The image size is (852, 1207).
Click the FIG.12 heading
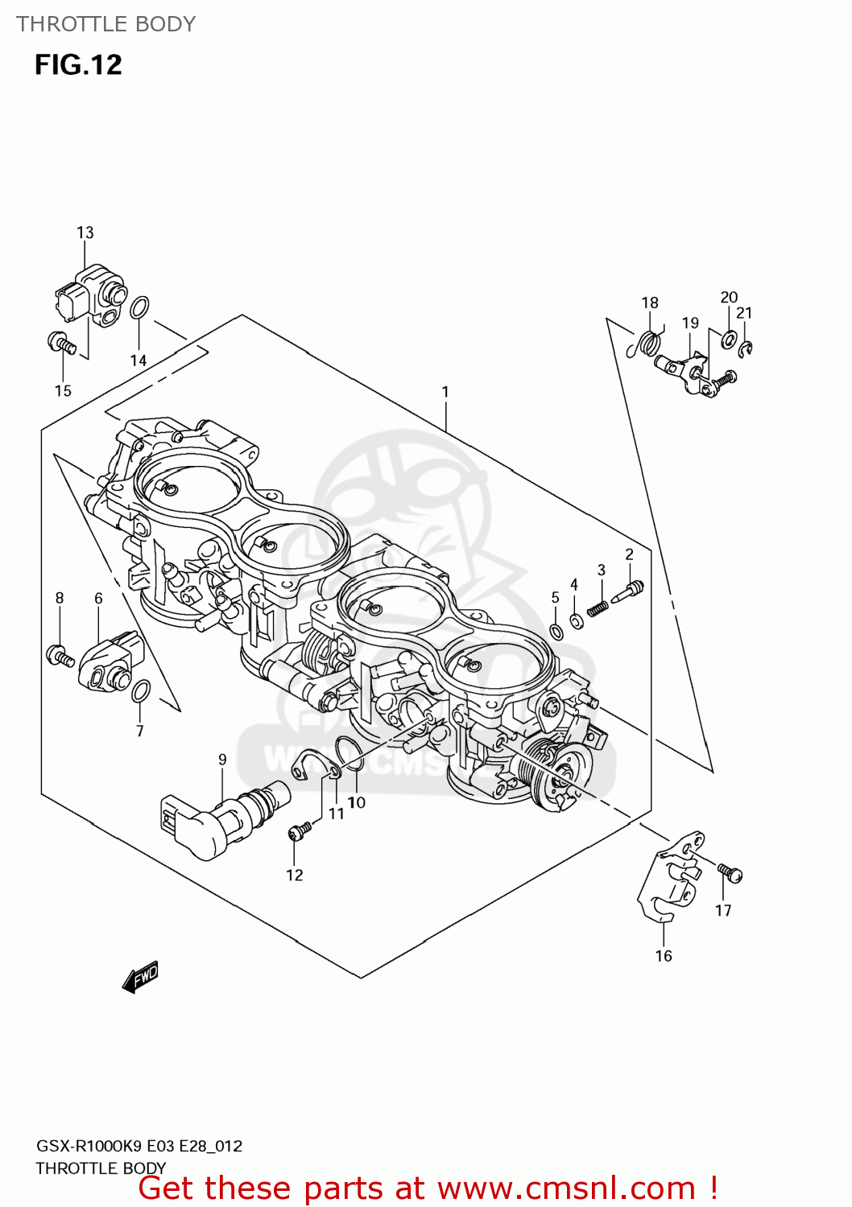(x=78, y=64)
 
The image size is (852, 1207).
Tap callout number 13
(x=85, y=233)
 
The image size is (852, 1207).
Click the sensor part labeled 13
(x=90, y=296)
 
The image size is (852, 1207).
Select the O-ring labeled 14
(x=139, y=307)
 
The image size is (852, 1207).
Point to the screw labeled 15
(x=61, y=344)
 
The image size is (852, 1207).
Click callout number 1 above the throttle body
(x=445, y=392)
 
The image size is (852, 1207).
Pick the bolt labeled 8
(x=60, y=655)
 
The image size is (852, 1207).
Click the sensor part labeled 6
(x=106, y=661)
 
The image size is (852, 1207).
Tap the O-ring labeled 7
(x=140, y=690)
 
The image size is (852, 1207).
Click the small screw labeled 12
(x=300, y=831)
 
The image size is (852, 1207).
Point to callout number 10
(x=357, y=802)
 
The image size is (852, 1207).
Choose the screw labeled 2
(x=629, y=592)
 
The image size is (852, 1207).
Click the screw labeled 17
(x=730, y=872)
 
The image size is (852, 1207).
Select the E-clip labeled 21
(x=747, y=348)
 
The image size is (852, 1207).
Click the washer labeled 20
(x=729, y=338)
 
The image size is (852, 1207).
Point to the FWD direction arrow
(x=141, y=978)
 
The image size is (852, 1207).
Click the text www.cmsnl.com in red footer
(x=566, y=1188)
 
